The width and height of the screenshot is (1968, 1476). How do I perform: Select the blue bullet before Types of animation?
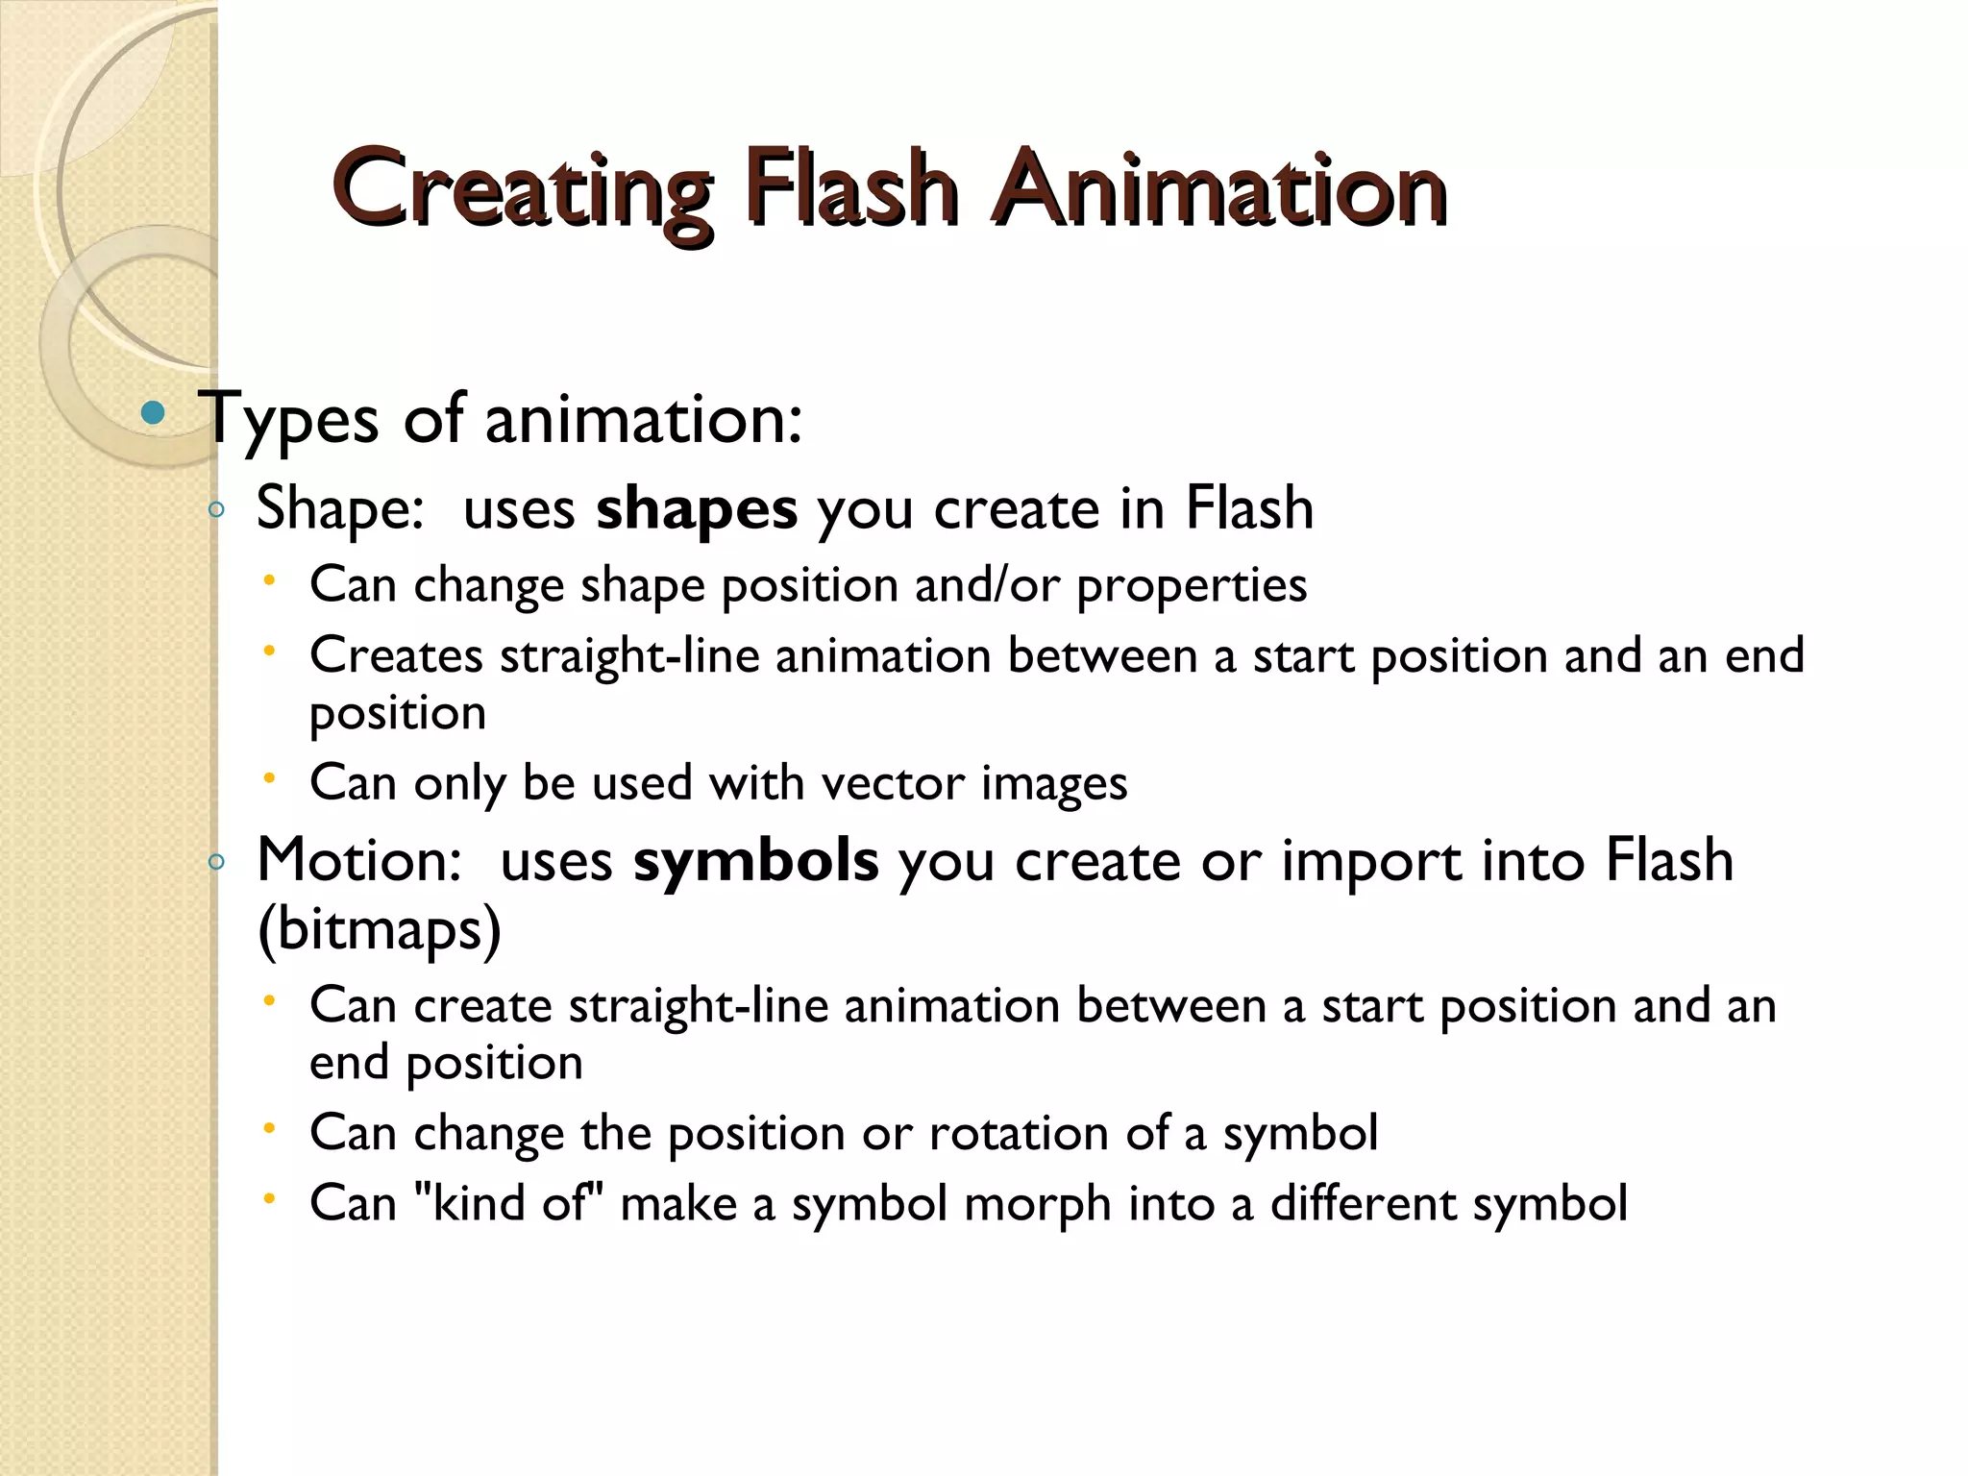(153, 414)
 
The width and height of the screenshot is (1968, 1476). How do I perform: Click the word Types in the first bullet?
(292, 419)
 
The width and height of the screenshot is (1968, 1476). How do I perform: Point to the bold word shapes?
(696, 508)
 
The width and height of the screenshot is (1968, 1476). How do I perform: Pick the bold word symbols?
(755, 860)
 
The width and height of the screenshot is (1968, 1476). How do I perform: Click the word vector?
(893, 783)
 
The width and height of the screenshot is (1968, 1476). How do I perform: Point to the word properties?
(1192, 586)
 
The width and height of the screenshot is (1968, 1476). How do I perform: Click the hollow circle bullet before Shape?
(216, 510)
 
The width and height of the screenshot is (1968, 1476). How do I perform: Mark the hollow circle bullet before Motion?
(216, 862)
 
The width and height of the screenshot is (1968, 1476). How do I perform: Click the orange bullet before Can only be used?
(271, 777)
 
